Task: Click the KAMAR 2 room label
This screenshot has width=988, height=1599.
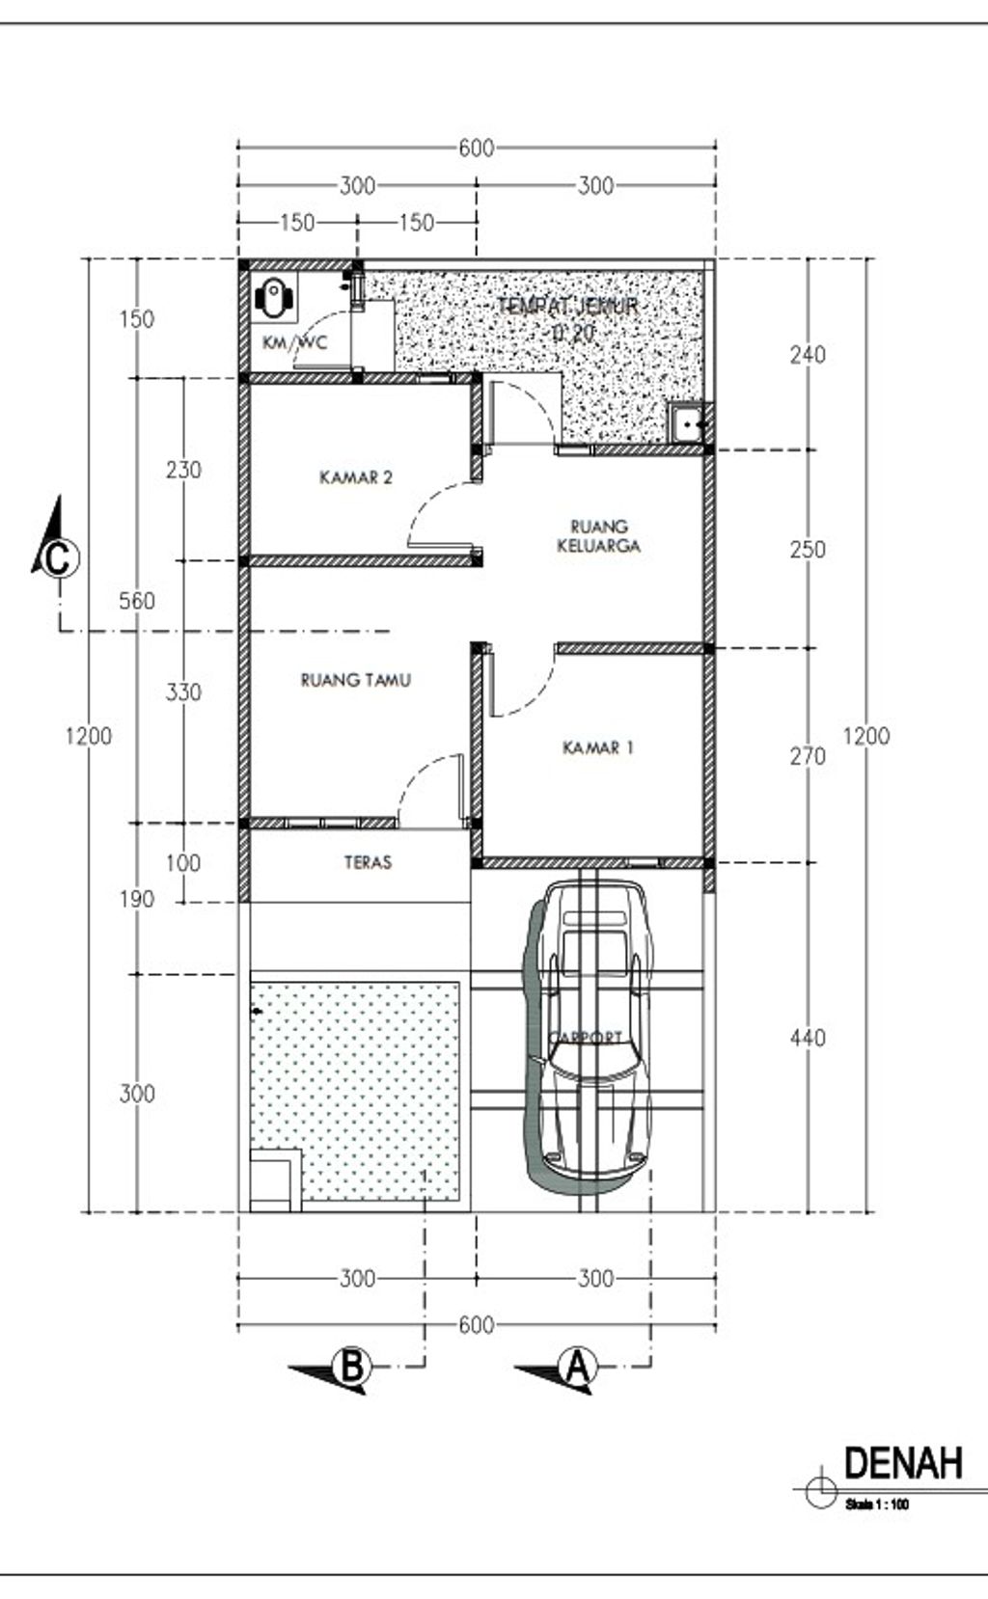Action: pyautogui.click(x=356, y=476)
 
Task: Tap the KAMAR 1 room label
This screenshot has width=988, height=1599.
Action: pyautogui.click(x=597, y=747)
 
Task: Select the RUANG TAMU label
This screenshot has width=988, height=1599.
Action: pyautogui.click(x=356, y=680)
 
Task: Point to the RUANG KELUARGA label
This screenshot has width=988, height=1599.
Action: pyautogui.click(x=599, y=536)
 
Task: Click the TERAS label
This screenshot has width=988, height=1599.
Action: pyautogui.click(x=368, y=861)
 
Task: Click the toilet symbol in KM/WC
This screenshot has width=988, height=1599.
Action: pyautogui.click(x=275, y=298)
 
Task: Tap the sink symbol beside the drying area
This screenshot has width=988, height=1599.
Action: pyautogui.click(x=689, y=422)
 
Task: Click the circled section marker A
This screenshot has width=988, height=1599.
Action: pyautogui.click(x=577, y=1367)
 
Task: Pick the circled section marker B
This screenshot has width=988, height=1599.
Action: pyautogui.click(x=352, y=1367)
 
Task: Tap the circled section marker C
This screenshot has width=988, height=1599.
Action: pyautogui.click(x=58, y=558)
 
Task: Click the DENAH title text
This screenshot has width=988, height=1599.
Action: pyautogui.click(x=903, y=1463)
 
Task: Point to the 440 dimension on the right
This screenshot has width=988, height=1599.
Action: pyautogui.click(x=807, y=1038)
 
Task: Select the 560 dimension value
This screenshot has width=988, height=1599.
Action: pyautogui.click(x=136, y=601)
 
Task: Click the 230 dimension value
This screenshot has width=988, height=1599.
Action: pyautogui.click(x=183, y=470)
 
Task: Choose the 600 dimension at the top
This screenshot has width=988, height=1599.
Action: pyautogui.click(x=476, y=148)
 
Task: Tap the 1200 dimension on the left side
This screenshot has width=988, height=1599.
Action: pyautogui.click(x=89, y=736)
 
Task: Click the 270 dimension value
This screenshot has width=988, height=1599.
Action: pyautogui.click(x=807, y=756)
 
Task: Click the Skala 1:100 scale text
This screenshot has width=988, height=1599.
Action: pyautogui.click(x=876, y=1504)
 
